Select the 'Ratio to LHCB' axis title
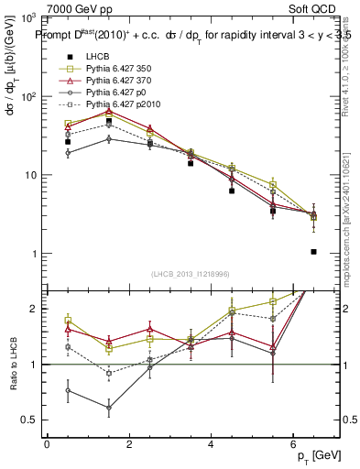pyautogui.click(x=12, y=364)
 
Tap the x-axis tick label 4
pyautogui.click(x=211, y=444)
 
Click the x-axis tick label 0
pyautogui.click(x=47, y=444)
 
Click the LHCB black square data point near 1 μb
pyautogui.click(x=313, y=251)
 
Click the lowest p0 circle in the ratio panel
pyautogui.click(x=108, y=408)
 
